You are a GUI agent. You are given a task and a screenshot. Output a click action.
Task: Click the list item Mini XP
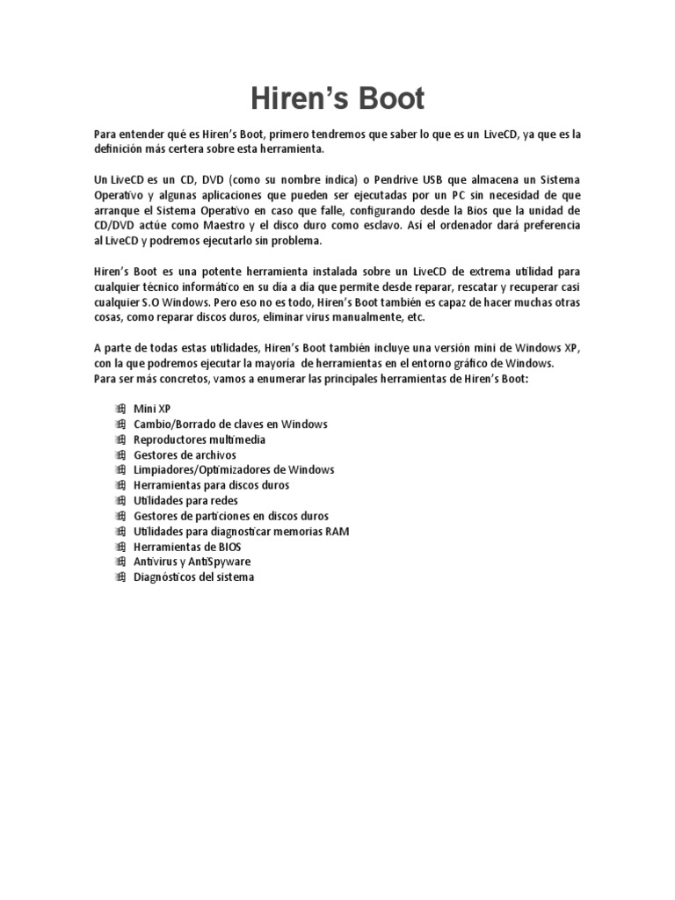click(x=152, y=409)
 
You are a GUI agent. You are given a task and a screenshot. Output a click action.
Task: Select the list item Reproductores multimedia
click(x=200, y=439)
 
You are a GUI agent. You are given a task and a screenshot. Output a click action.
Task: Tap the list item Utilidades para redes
click(x=185, y=500)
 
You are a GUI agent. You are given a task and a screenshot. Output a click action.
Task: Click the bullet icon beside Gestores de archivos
click(x=120, y=454)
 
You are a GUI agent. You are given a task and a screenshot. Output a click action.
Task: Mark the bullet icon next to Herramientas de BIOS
click(x=120, y=546)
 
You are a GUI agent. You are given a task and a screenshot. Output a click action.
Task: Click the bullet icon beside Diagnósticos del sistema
click(x=120, y=577)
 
